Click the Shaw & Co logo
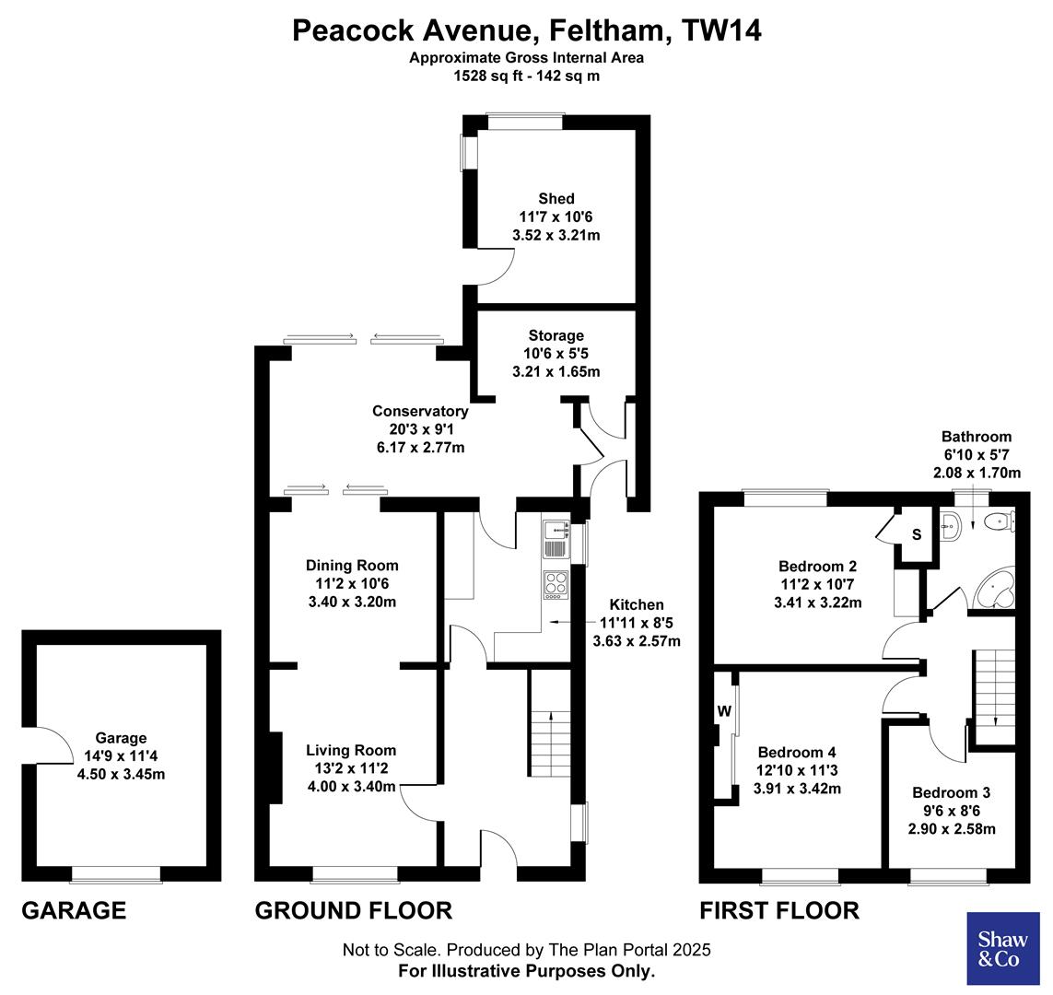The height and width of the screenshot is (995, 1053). pyautogui.click(x=998, y=948)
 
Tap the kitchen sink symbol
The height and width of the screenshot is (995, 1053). pyautogui.click(x=556, y=538)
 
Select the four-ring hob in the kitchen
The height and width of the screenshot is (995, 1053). pyautogui.click(x=556, y=584)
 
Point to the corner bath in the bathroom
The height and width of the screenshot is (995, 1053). pyautogui.click(x=994, y=589)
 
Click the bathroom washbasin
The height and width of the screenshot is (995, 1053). pyautogui.click(x=952, y=526)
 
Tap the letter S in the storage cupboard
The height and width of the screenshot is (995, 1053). pyautogui.click(x=916, y=534)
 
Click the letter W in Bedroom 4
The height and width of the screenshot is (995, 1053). pyautogui.click(x=724, y=711)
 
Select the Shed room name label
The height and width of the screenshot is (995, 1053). pyautogui.click(x=556, y=199)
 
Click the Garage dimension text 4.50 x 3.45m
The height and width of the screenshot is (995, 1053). pyautogui.click(x=122, y=774)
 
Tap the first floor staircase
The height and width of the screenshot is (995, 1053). pyautogui.click(x=994, y=686)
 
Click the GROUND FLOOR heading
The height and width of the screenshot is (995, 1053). pyautogui.click(x=353, y=911)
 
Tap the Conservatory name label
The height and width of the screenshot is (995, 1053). pyautogui.click(x=420, y=411)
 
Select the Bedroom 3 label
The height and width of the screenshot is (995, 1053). pyautogui.click(x=952, y=792)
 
